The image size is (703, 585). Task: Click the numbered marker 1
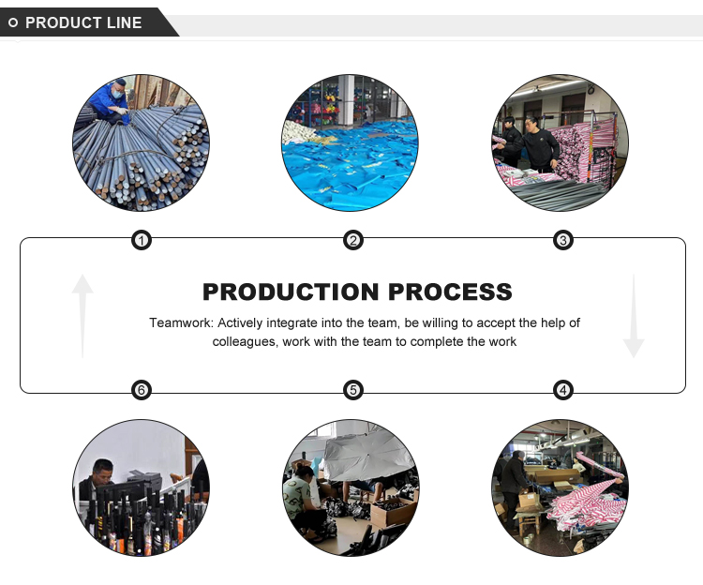(x=142, y=241)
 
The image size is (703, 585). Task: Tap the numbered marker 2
(x=352, y=241)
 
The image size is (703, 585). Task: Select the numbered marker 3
(x=563, y=241)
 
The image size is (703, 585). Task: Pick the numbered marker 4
(x=563, y=390)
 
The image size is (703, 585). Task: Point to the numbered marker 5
(x=352, y=390)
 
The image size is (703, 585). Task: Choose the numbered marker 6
(x=142, y=390)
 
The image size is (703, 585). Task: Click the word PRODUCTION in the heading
(x=291, y=292)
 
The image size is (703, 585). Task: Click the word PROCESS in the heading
(x=450, y=292)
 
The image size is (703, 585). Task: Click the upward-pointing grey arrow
(x=82, y=316)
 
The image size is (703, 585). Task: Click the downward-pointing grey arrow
(x=634, y=316)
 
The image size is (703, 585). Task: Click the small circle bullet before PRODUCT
(x=13, y=22)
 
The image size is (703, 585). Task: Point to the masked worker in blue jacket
(x=109, y=102)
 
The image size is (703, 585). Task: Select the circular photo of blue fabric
(x=351, y=143)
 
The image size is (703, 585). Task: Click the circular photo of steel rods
(x=141, y=143)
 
